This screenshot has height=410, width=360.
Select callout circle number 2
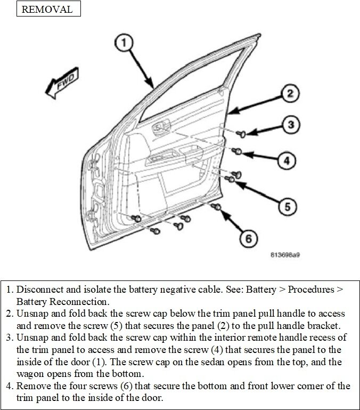288,94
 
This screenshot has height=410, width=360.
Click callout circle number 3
289,125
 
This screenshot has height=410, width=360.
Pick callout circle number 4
286,159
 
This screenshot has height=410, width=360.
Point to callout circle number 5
286,205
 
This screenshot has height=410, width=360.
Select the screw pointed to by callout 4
239,151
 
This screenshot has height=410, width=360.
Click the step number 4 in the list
9,385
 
